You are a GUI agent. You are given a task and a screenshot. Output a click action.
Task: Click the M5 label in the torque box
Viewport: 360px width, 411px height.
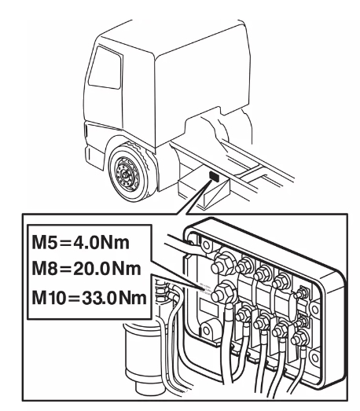(44, 243)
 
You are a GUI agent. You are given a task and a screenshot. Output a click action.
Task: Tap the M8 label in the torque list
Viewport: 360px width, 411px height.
(44, 269)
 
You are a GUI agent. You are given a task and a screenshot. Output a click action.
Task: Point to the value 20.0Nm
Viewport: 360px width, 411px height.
(107, 269)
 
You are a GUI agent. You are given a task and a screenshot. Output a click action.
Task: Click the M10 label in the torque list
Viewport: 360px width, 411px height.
(48, 298)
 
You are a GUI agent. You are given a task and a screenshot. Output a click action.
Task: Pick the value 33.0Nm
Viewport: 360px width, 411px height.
(114, 298)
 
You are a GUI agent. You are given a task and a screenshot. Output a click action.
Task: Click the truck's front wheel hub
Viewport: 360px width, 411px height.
(125, 174)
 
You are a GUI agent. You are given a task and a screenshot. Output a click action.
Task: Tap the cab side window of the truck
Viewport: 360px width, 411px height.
(105, 68)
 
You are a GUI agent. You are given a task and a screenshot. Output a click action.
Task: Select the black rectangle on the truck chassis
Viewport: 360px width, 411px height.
(215, 175)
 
